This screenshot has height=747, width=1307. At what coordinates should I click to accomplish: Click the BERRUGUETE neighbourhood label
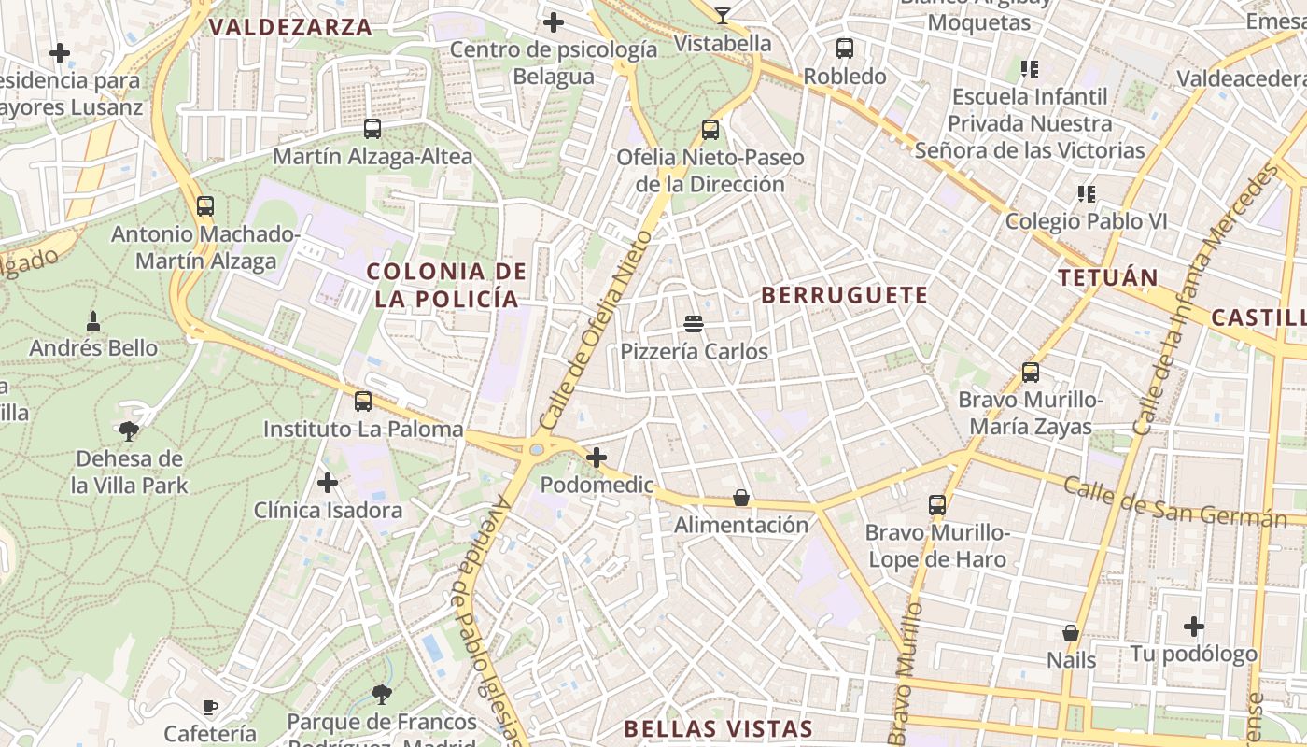coord(845,296)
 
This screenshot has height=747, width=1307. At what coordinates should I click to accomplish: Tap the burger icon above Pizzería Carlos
coord(694,324)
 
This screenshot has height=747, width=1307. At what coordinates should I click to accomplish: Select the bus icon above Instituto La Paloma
coord(363,402)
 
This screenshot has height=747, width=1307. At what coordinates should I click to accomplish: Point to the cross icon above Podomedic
coord(597,458)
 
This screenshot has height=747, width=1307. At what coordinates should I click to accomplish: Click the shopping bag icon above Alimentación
coord(741,498)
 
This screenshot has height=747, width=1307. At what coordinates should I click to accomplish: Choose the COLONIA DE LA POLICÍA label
coord(443,285)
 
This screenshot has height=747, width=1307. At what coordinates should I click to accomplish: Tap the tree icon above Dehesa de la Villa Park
coord(129,430)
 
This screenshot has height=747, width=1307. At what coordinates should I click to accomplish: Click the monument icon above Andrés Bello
coord(92,320)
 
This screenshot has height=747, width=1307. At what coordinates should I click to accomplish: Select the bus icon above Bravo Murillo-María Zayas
coord(1031,373)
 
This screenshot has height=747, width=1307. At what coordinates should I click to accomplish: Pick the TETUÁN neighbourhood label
coord(1108,277)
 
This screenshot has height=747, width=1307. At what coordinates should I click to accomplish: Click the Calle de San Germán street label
coord(1174,502)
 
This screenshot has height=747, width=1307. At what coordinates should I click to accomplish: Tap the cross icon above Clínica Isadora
coord(328,483)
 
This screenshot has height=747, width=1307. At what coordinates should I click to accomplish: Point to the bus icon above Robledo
coord(845,49)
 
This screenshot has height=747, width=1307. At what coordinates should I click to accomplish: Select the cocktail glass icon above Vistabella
coord(723,15)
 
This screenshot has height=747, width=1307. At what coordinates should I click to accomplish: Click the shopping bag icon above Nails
coord(1071,632)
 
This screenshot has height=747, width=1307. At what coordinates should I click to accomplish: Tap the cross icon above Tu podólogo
coord(1194,627)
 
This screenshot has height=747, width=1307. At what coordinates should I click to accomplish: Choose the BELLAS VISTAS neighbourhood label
coord(718,729)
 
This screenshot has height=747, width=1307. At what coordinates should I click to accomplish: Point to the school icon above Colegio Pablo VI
coord(1086,193)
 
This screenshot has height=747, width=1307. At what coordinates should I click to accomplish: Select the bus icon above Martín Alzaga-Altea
coord(372,129)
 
